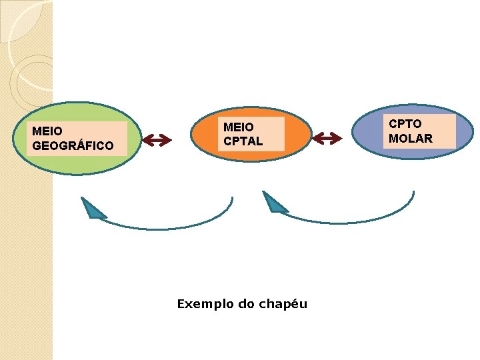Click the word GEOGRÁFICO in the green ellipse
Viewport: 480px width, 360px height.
(73, 145)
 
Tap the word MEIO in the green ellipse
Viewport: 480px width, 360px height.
(47, 131)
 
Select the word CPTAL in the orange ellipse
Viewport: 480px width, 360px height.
(243, 141)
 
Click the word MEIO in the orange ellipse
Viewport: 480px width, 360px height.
(238, 127)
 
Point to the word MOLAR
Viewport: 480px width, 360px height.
(411, 139)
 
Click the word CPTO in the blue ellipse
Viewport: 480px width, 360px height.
(405, 124)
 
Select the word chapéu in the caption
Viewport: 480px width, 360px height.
(285, 304)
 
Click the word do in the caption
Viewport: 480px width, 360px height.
(247, 304)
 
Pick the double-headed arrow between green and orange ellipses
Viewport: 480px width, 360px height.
(157, 139)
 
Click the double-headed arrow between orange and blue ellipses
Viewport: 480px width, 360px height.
(327, 138)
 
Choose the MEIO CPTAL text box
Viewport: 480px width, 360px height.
(251, 133)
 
